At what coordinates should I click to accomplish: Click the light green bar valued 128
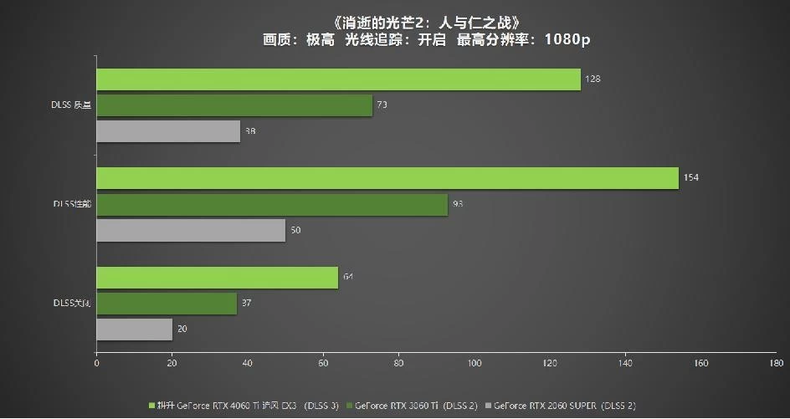(338, 79)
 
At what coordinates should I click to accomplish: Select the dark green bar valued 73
(234, 105)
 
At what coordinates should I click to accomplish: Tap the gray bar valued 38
(168, 131)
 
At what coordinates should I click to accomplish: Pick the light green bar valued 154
(387, 178)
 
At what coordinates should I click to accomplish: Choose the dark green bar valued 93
(272, 204)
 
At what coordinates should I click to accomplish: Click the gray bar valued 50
(191, 230)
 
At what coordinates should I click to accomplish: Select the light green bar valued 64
(218, 278)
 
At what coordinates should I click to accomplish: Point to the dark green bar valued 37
(167, 304)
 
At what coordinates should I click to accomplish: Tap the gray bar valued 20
(135, 330)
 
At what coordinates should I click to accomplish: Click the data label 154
(690, 178)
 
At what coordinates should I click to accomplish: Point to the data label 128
(592, 79)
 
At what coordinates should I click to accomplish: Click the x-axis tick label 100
(475, 364)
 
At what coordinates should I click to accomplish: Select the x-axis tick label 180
(777, 364)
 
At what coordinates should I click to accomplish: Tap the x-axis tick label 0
(97, 364)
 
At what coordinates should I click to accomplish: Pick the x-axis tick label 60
(323, 364)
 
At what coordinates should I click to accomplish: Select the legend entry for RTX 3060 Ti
(407, 406)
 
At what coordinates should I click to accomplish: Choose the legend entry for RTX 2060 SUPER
(563, 406)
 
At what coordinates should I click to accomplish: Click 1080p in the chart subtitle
(567, 39)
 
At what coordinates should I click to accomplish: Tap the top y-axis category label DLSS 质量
(70, 105)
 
